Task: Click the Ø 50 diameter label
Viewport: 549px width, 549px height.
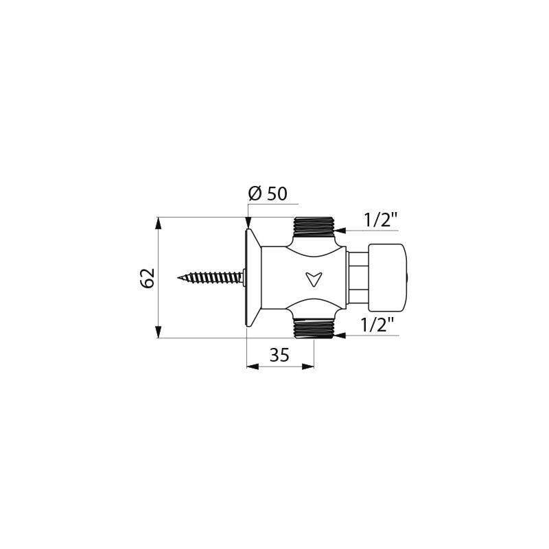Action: (267, 194)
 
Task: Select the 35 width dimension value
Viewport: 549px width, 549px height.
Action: (279, 355)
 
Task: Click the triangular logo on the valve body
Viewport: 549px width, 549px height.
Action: (314, 279)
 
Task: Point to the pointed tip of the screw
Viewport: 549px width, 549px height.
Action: (180, 278)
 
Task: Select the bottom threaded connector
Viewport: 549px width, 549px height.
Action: (313, 329)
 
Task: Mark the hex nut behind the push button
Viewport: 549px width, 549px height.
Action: (358, 278)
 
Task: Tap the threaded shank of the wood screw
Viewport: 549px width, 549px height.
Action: (209, 278)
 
